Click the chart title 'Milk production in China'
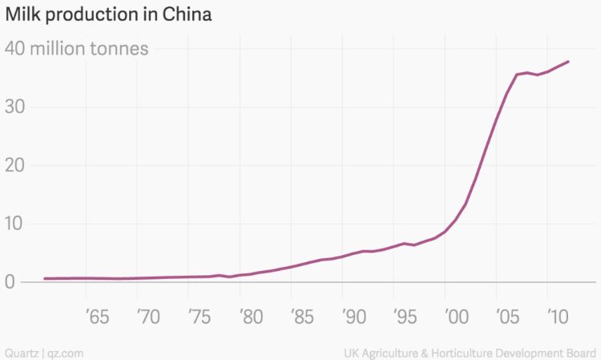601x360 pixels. point(108,15)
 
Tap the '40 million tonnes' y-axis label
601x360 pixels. point(77,48)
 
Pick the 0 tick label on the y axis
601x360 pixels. point(10,282)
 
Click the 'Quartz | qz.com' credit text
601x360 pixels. point(44,352)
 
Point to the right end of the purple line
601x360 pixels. point(569,62)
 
